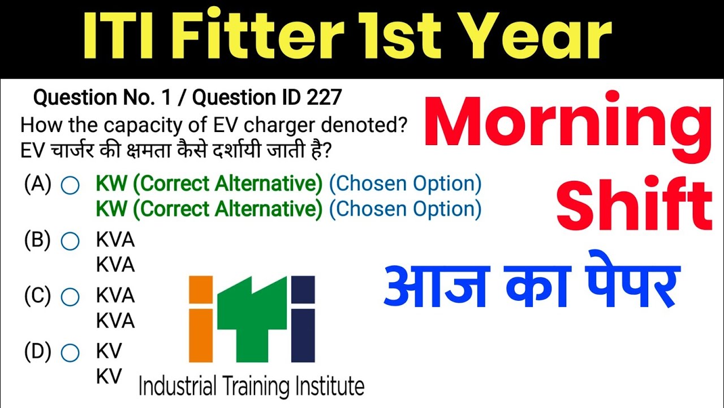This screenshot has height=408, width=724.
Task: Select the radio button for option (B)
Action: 70,241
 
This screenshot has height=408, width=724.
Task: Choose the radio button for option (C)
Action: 70,296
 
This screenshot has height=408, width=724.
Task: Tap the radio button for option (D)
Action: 70,353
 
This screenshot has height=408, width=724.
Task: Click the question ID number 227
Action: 324,98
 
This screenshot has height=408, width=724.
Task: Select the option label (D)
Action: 37,352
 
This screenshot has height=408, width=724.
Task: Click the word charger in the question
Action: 251,125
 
